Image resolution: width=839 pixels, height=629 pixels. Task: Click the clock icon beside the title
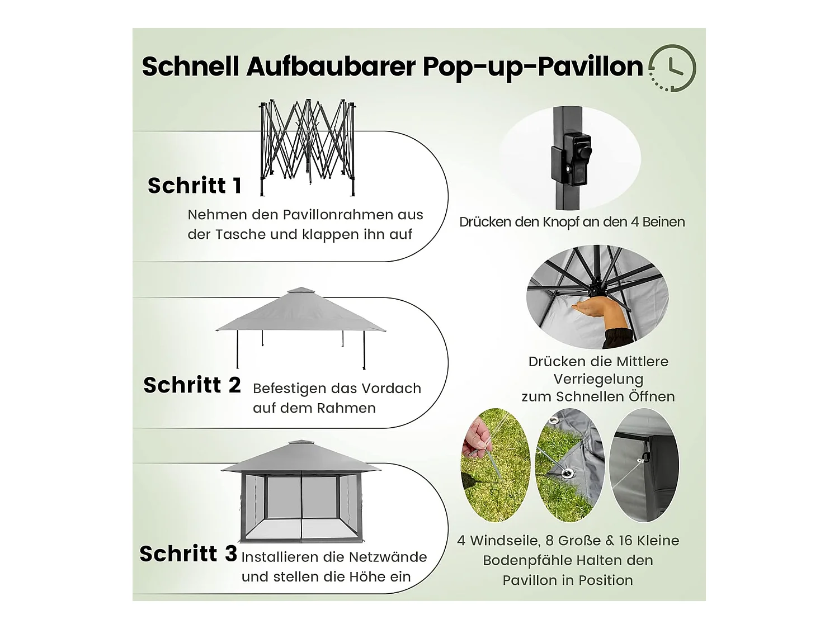pyautogui.click(x=673, y=68)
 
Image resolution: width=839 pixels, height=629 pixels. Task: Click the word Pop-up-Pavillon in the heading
pyautogui.click(x=532, y=67)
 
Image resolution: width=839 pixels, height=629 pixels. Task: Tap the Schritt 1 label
pyautogui.click(x=194, y=186)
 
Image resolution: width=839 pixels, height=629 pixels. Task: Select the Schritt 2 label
pyautogui.click(x=192, y=385)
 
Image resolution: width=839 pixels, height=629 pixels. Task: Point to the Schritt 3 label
pyautogui.click(x=188, y=554)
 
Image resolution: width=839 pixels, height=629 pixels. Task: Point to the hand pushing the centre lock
pyautogui.click(x=596, y=308)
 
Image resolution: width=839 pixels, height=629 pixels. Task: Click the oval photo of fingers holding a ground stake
pyautogui.click(x=495, y=464)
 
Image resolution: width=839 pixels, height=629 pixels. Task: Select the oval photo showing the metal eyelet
pyautogui.click(x=569, y=465)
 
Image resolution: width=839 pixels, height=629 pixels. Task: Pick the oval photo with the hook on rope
pyautogui.click(x=644, y=465)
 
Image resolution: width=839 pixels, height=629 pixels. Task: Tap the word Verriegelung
pyautogui.click(x=598, y=379)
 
